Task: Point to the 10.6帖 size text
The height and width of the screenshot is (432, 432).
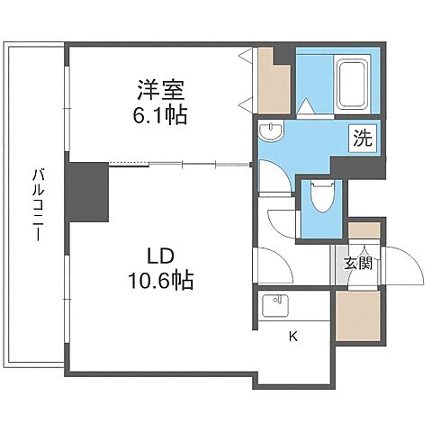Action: coord(159,281)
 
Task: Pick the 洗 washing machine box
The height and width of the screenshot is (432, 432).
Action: coord(362,139)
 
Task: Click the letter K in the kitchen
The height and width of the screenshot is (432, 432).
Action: coord(292,337)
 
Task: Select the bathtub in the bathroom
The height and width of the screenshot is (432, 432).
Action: coord(353,84)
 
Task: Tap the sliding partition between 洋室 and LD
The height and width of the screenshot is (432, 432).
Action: coord(180,164)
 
